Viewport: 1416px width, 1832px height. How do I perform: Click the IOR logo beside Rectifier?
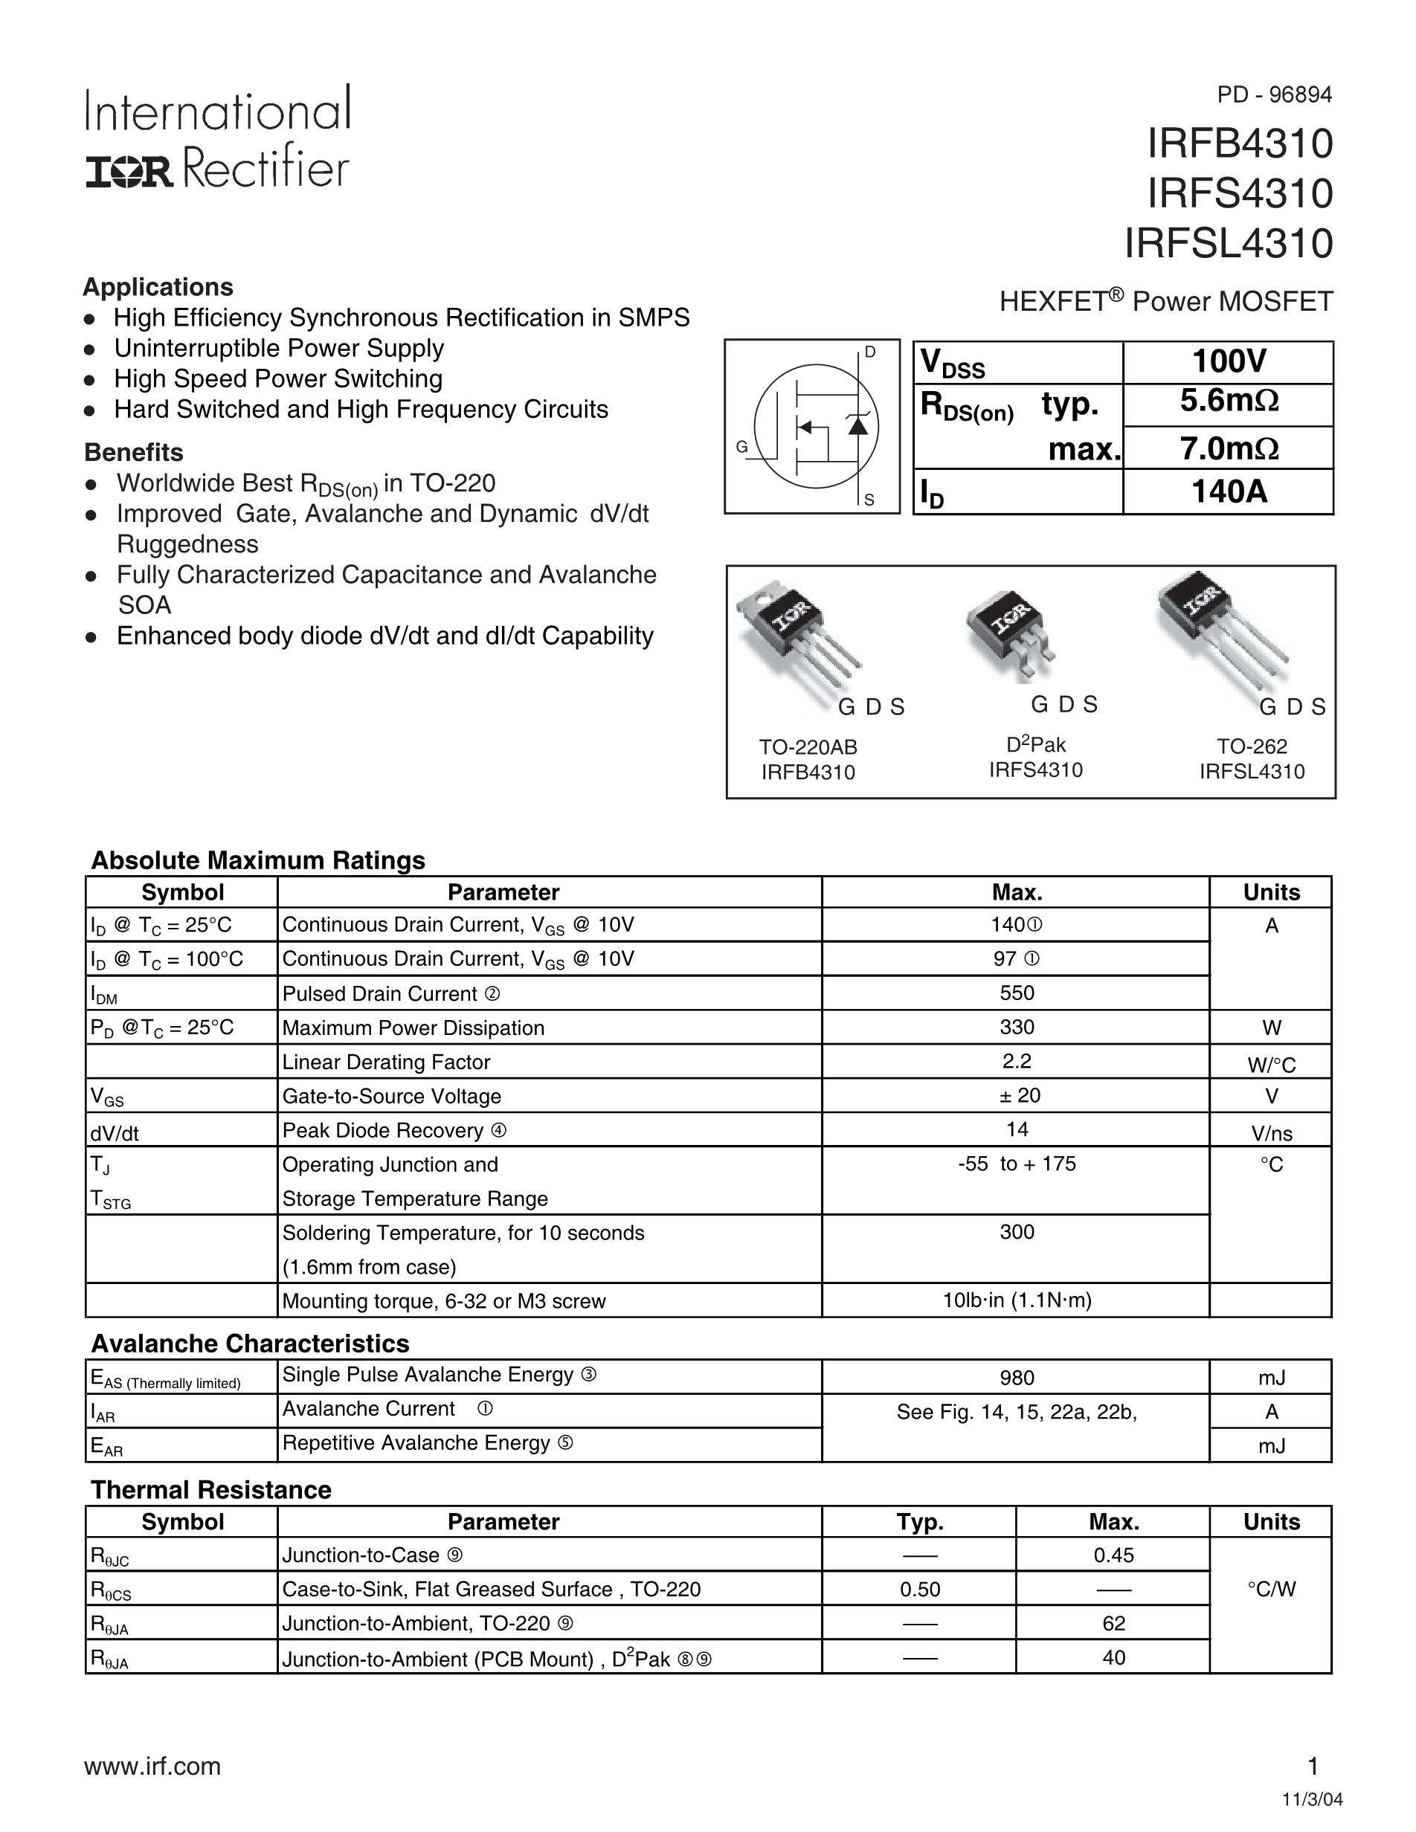click(x=129, y=172)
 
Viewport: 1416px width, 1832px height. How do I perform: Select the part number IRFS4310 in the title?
click(x=1239, y=194)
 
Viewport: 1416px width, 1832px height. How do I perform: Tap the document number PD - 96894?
click(x=1273, y=94)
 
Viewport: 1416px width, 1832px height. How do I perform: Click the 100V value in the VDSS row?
click(x=1228, y=361)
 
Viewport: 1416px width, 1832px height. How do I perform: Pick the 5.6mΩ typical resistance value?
click(x=1228, y=401)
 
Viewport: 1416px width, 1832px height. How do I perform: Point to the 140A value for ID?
click(x=1228, y=491)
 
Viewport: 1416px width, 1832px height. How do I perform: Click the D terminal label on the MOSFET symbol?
click(x=870, y=352)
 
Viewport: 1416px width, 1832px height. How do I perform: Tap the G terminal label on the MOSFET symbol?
click(x=741, y=448)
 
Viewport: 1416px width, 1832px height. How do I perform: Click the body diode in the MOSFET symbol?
click(x=857, y=425)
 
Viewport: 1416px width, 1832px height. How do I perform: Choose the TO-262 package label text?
click(x=1252, y=746)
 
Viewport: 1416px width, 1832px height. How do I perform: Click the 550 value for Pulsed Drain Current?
click(x=1017, y=993)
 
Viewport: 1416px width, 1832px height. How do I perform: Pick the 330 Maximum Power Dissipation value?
click(x=1017, y=1028)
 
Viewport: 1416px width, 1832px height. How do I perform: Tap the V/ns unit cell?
click(x=1271, y=1133)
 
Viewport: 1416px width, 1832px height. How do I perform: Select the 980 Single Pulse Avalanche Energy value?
click(x=1017, y=1378)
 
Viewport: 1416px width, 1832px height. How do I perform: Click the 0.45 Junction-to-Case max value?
click(x=1113, y=1555)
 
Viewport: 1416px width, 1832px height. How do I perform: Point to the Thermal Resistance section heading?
click(x=211, y=1490)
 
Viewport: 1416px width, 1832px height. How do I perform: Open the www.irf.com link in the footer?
click(x=152, y=1766)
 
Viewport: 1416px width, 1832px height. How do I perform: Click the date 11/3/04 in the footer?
click(x=1312, y=1799)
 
